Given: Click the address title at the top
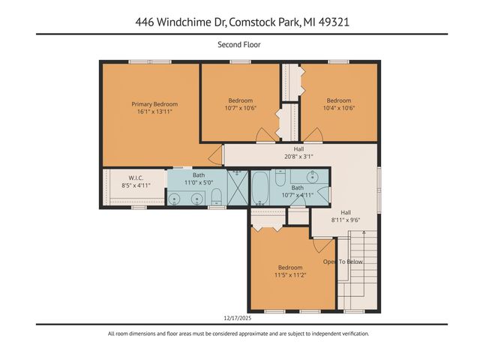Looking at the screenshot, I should pyautogui.click(x=239, y=22).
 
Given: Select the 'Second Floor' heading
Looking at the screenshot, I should pyautogui.click(x=239, y=45).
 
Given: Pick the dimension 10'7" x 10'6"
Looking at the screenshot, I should pyautogui.click(x=241, y=108).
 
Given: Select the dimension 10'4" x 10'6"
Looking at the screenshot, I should pyautogui.click(x=338, y=108).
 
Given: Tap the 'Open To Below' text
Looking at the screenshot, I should pyautogui.click(x=343, y=262).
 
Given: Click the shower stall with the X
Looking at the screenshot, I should pyautogui.click(x=237, y=187).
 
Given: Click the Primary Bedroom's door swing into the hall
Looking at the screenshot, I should pyautogui.click(x=215, y=155).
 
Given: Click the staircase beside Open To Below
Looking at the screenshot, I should pyautogui.click(x=358, y=270).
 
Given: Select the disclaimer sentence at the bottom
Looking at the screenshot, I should pyautogui.click(x=239, y=334).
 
